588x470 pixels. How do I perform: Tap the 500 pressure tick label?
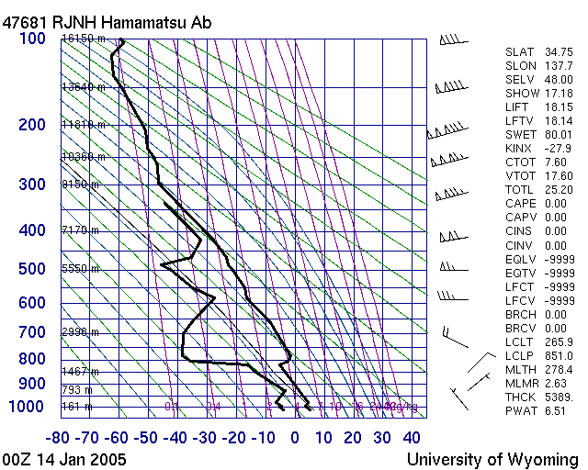(31, 269)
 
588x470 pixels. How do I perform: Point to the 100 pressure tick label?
(31, 39)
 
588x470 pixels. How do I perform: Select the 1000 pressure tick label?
(27, 407)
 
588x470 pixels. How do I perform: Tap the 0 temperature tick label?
(295, 438)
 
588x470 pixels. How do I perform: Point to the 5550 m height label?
(80, 269)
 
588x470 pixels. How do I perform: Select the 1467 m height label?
(80, 371)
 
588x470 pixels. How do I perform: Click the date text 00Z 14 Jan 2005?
(65, 459)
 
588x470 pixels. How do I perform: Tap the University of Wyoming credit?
(492, 459)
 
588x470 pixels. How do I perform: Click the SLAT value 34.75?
(560, 52)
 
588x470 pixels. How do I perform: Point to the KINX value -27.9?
(560, 149)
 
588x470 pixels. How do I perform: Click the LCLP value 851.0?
(560, 355)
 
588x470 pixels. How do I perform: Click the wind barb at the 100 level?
(449, 39)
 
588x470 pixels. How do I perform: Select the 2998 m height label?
(80, 332)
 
